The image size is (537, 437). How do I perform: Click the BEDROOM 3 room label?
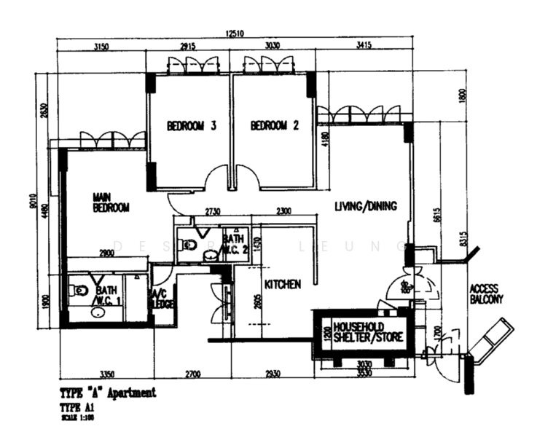point(192,125)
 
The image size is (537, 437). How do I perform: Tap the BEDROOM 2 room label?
point(275,125)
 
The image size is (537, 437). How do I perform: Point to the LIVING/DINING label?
point(366,206)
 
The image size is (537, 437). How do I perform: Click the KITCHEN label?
point(283,285)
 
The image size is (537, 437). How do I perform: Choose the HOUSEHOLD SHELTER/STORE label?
point(368,332)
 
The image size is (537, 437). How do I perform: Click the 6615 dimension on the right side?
point(436,213)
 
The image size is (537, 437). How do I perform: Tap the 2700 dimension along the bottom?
point(192,374)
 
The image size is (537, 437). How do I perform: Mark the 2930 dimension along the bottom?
point(272,374)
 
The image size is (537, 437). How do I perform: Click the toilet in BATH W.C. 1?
point(79,291)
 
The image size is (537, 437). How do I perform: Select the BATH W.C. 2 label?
point(233,243)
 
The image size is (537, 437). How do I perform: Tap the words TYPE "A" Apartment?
point(109,393)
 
